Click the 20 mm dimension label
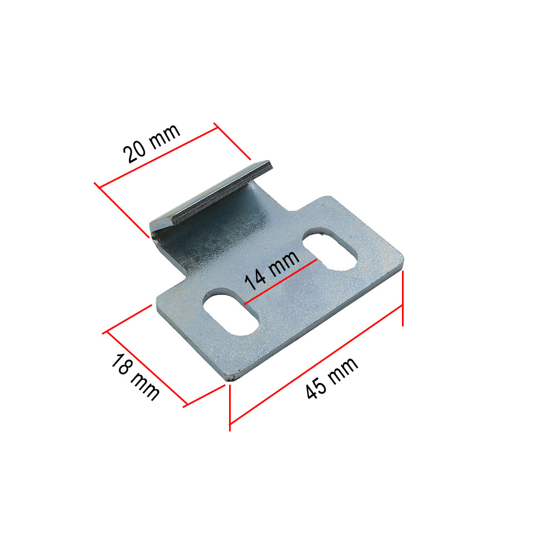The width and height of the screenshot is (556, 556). pyautogui.click(x=152, y=143)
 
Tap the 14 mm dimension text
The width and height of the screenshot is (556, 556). pyautogui.click(x=272, y=270)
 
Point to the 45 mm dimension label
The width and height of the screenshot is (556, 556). pyautogui.click(x=332, y=378)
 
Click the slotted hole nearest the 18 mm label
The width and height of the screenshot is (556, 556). pyautogui.click(x=231, y=312)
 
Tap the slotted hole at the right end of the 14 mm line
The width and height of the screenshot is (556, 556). pyautogui.click(x=330, y=250)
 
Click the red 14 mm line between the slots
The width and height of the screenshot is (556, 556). pyautogui.click(x=280, y=282)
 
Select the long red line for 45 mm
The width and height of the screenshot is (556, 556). pyautogui.click(x=316, y=365)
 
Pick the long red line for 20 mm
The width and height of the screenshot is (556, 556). pyautogui.click(x=158, y=157)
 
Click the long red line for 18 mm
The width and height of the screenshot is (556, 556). pyautogui.click(x=147, y=369)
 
